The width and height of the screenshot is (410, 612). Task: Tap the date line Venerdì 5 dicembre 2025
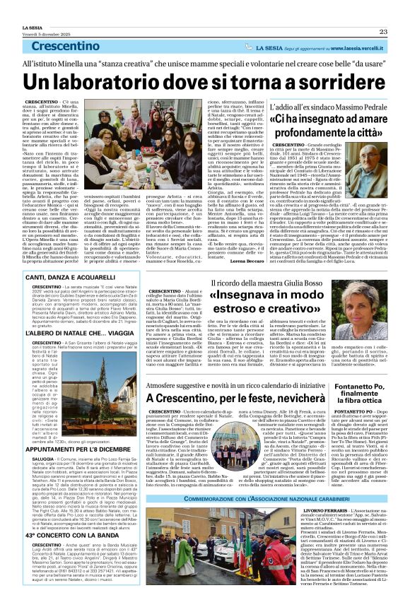click(x=32, y=13)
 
